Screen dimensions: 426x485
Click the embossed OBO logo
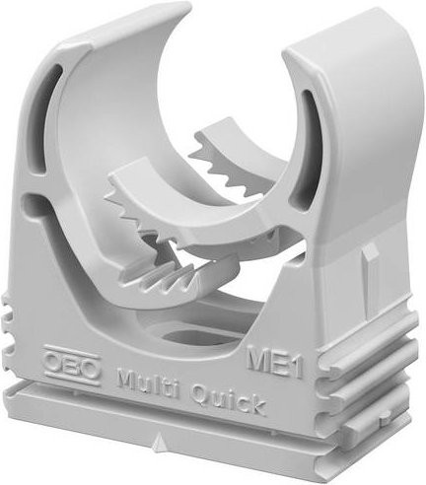[72, 366]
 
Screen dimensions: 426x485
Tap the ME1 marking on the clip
[274, 361]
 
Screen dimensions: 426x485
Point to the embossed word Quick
[229, 399]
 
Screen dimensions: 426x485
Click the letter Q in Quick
[201, 393]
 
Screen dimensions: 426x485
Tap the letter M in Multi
[129, 378]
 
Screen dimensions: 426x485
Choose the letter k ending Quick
[256, 405]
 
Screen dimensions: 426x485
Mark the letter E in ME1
[279, 363]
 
